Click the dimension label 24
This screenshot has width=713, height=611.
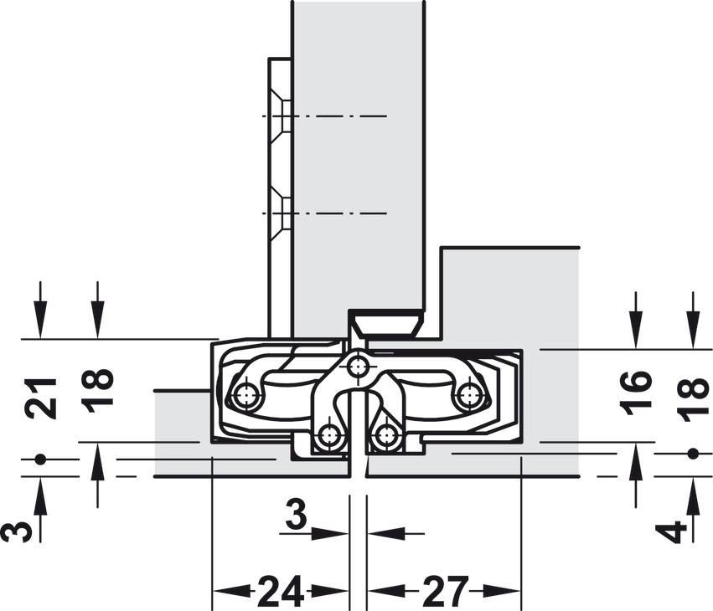click(x=281, y=592)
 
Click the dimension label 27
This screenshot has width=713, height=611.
click(x=445, y=592)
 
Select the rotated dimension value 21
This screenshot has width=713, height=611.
click(x=42, y=398)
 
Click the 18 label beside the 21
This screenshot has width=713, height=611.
click(x=98, y=390)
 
